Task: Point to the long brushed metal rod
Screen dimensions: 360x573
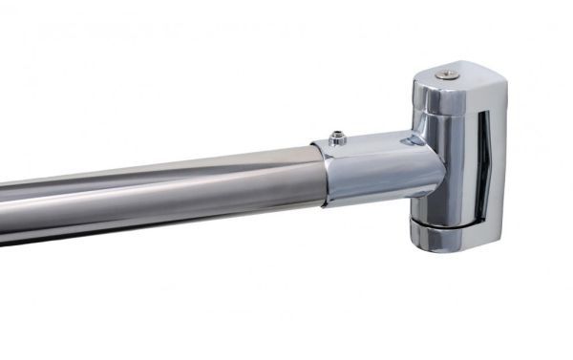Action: pyautogui.click(x=162, y=191)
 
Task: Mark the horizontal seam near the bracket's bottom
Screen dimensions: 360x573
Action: pyautogui.click(x=449, y=222)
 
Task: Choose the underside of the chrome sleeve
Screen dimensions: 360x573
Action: pyautogui.click(x=372, y=198)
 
